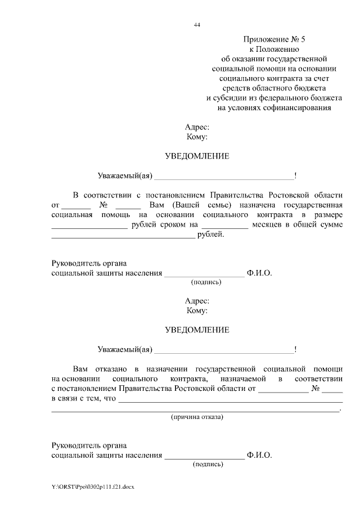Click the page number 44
point(196,25)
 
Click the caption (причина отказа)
point(197,417)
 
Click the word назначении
point(167,369)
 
